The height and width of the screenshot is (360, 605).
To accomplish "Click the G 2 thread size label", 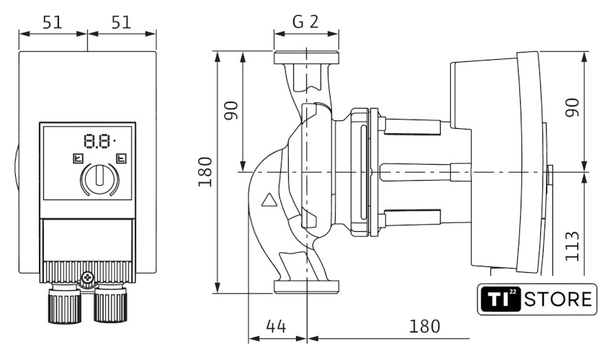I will coord(305,21).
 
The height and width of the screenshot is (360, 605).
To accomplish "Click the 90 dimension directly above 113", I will coord(571,109).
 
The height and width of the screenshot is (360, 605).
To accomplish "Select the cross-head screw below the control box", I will coord(89,276).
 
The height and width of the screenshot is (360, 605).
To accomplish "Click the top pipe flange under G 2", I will coord(306,59).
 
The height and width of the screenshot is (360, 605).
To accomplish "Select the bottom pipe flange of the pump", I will coord(306,287).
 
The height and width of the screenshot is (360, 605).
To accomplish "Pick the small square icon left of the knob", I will coord(77,158).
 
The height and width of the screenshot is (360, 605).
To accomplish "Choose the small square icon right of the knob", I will coord(121,158).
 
